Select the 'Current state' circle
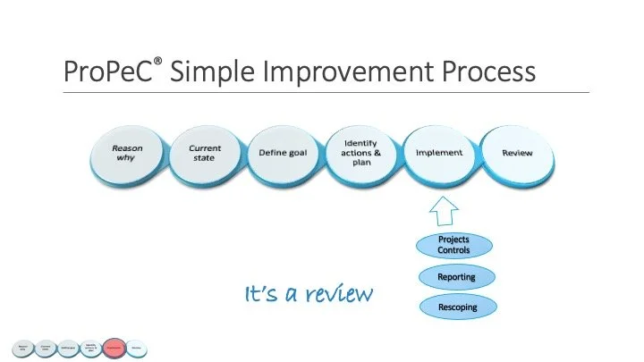(x=205, y=154)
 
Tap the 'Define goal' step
(x=283, y=154)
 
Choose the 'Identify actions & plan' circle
(x=361, y=153)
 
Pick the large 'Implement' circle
(x=439, y=154)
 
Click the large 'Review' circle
(x=517, y=154)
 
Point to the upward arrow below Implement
(x=442, y=211)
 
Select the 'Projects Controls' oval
(x=453, y=245)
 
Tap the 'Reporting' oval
(x=456, y=277)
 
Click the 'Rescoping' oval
(x=456, y=307)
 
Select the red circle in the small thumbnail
(x=114, y=346)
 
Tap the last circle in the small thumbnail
(x=137, y=346)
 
